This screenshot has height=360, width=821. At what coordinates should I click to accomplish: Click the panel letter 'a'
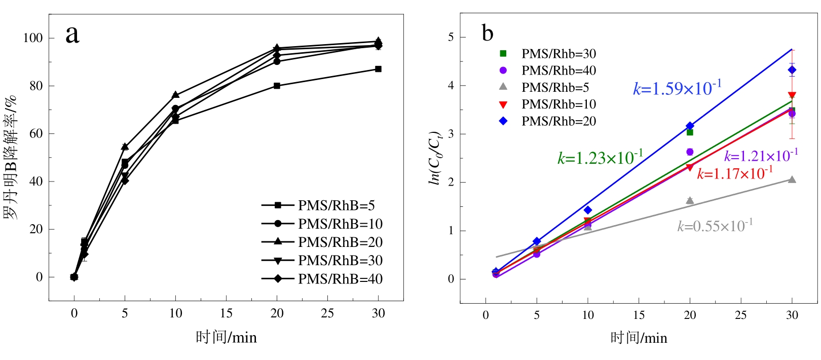(x=72, y=35)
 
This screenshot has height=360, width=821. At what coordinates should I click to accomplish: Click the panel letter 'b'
(x=487, y=33)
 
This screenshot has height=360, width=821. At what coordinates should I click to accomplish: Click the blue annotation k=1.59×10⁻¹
(x=677, y=88)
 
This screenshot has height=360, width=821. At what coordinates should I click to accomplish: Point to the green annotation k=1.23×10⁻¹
(x=600, y=157)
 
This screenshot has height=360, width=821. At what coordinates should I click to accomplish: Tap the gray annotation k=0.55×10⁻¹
(x=715, y=226)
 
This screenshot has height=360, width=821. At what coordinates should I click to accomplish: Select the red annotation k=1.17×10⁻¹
(x=734, y=173)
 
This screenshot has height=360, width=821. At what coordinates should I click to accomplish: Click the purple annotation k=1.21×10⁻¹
(x=761, y=156)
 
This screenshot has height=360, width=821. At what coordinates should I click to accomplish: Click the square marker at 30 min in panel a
(x=378, y=69)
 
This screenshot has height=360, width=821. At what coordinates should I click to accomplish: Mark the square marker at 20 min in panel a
(x=277, y=86)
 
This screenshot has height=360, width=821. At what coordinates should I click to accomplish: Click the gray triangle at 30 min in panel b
(x=792, y=179)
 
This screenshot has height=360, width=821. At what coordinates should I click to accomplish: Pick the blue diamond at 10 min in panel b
(x=588, y=210)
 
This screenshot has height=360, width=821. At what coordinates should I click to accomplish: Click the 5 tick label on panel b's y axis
(x=451, y=38)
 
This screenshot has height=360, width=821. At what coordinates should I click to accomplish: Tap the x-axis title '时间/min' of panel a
(x=226, y=337)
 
